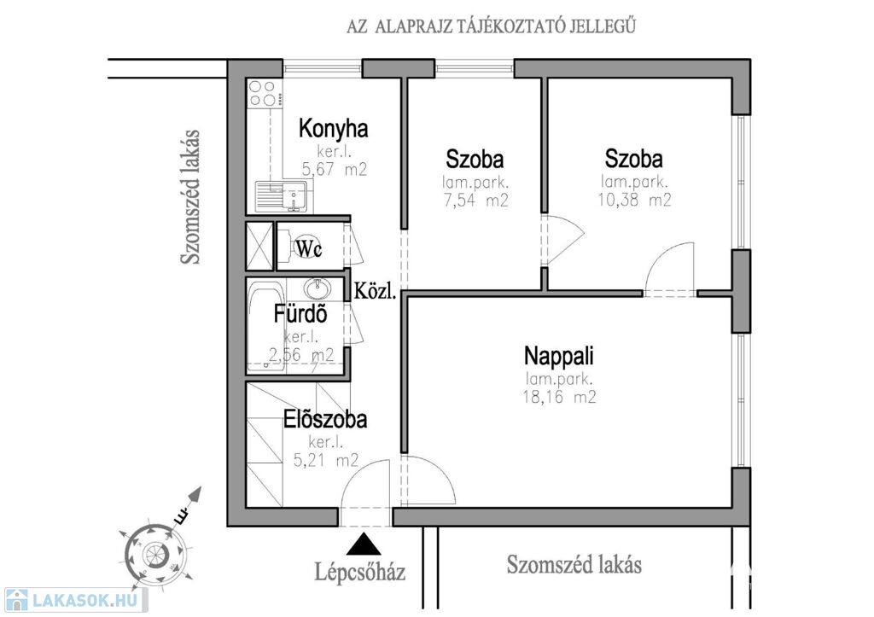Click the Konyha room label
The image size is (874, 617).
coord(333,130)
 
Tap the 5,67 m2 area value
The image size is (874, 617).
coord(335,169)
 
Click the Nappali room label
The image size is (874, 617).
coord(559,355)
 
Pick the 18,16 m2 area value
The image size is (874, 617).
coord(560,397)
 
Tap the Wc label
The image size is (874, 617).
coord(308,247)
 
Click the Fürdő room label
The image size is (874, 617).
coord(300,314)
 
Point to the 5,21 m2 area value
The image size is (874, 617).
coord(325,461)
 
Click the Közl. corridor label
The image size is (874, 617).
coord(376,292)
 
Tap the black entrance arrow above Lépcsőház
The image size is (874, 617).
coord(366,543)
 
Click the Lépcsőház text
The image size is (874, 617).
coord(360,570)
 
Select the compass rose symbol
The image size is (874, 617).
coord(154,551)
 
